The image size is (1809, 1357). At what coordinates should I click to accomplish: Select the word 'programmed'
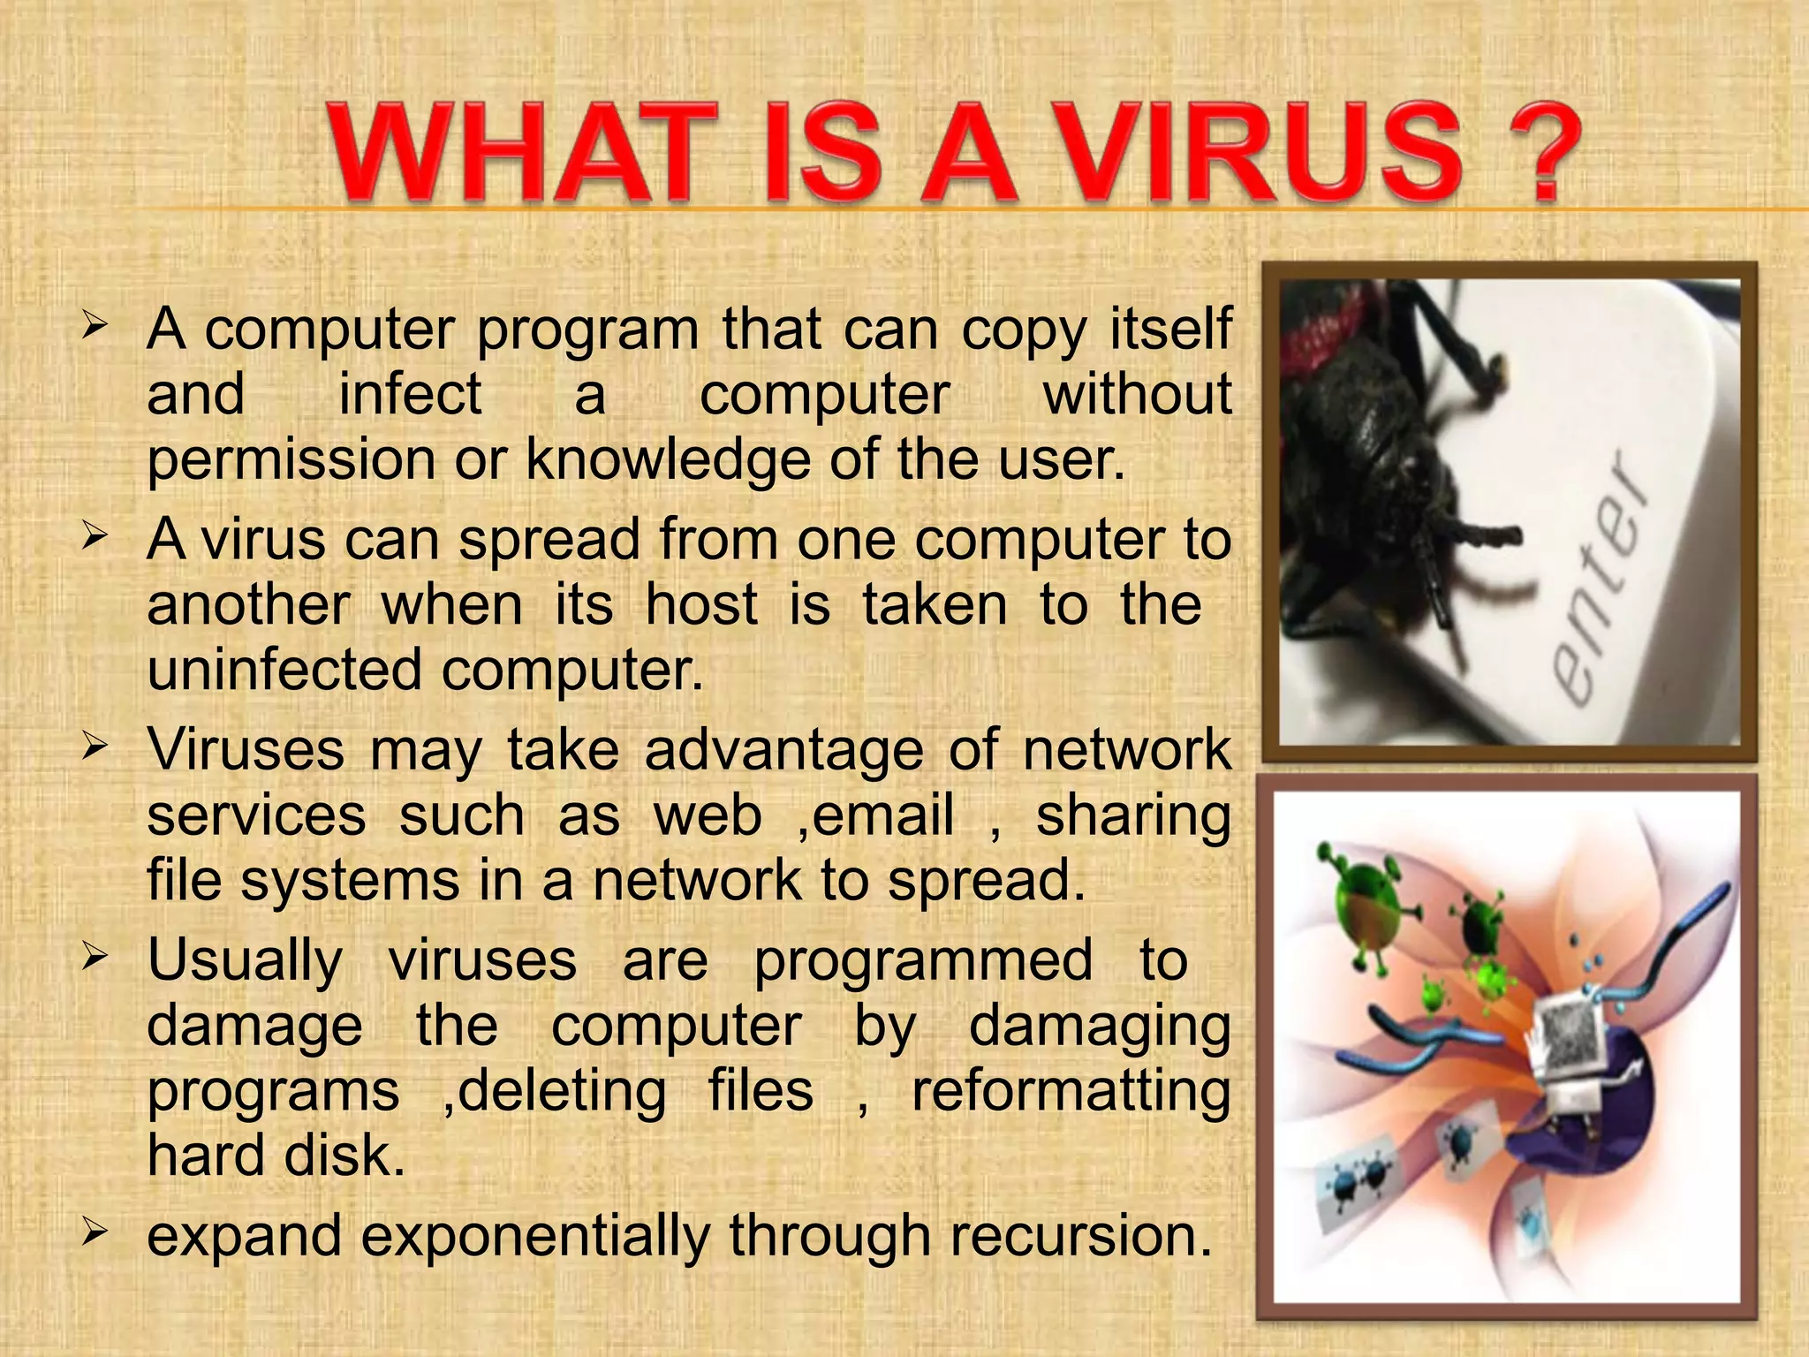point(922,961)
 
